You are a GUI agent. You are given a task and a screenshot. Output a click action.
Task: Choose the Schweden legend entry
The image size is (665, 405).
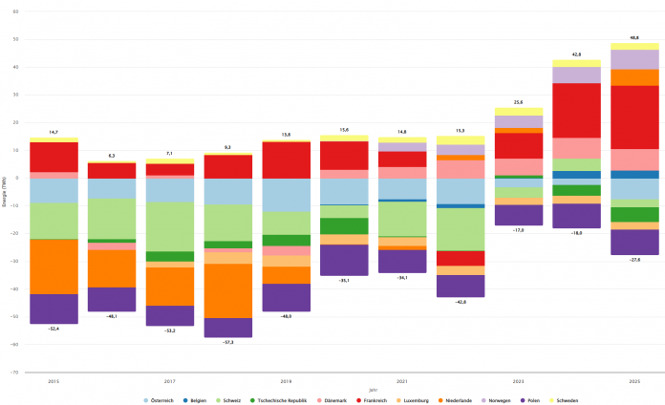565,373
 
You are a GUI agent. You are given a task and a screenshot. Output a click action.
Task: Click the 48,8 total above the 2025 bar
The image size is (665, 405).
635,37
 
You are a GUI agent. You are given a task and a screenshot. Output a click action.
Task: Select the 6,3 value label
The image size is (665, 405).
112,156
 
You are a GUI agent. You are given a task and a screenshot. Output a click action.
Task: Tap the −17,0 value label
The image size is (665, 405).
519,230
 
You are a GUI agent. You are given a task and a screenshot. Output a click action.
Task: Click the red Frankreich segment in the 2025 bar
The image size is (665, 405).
635,117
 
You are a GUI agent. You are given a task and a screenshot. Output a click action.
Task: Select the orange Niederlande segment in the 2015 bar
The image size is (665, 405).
54,266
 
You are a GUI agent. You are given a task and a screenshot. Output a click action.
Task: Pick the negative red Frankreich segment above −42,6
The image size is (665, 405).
461,258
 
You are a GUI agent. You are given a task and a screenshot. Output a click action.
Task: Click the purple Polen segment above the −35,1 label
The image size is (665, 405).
344,260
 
